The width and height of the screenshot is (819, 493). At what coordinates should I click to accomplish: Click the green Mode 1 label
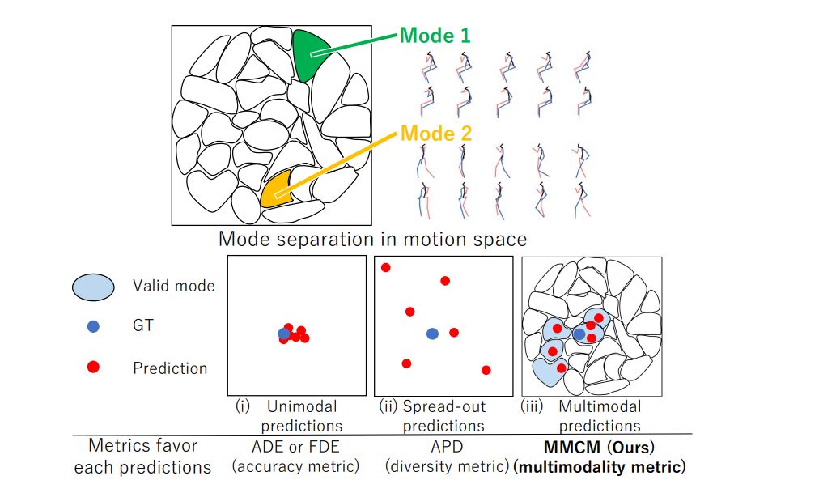tap(435, 36)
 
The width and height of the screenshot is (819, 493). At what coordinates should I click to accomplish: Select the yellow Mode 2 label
tap(436, 133)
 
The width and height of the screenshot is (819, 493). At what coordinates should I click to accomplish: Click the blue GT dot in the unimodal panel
tap(283, 333)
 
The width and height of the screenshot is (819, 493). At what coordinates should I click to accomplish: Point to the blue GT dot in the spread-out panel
tap(432, 333)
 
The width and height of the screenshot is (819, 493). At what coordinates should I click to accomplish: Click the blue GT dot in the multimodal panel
tap(579, 333)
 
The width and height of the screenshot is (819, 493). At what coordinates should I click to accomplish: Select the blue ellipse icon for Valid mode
tap(93, 285)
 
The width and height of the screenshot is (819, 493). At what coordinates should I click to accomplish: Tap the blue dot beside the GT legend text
tap(93, 326)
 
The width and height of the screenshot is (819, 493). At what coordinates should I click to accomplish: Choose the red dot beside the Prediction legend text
tap(93, 368)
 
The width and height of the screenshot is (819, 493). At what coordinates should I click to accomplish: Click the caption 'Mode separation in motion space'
tap(372, 240)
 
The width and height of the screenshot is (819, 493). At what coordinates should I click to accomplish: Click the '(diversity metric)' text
tap(444, 466)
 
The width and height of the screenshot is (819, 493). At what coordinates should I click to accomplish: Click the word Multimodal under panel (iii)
tap(600, 406)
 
